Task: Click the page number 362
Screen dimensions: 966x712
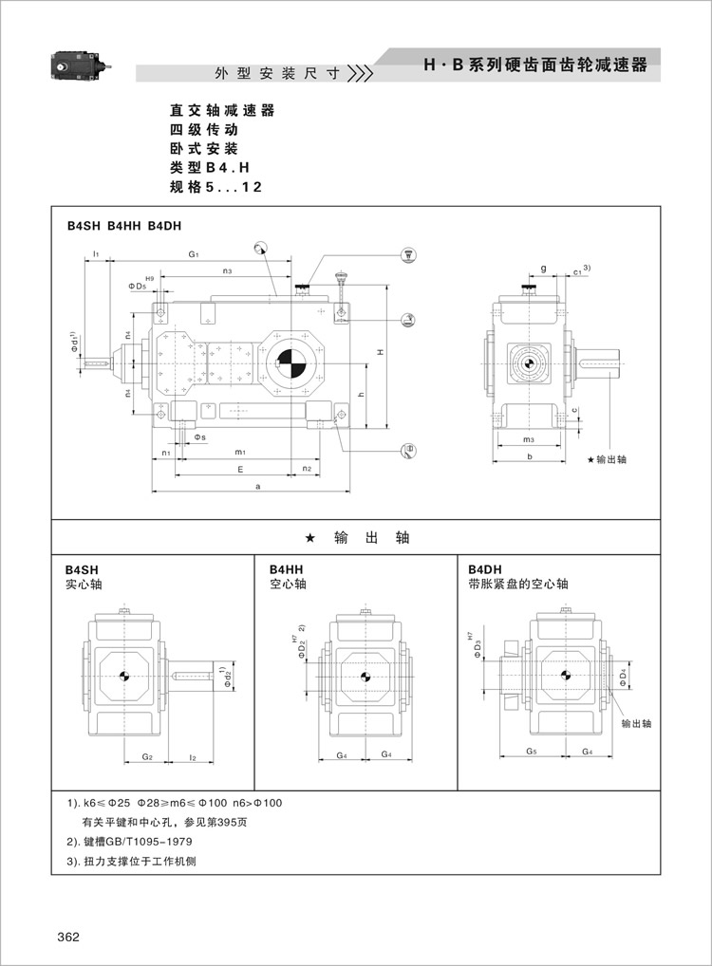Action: pyautogui.click(x=67, y=937)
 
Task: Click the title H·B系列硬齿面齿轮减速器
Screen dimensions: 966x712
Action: pyautogui.click(x=535, y=65)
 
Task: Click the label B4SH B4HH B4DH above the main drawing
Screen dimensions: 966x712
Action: pyautogui.click(x=123, y=226)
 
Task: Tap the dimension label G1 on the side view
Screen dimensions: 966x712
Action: pyautogui.click(x=194, y=254)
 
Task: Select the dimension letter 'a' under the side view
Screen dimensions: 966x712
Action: pyautogui.click(x=258, y=486)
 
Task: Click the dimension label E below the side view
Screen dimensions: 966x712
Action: pyautogui.click(x=241, y=469)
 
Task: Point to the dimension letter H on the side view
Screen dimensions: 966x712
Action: pyautogui.click(x=380, y=353)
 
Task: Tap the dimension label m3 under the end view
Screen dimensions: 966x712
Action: pyautogui.click(x=528, y=439)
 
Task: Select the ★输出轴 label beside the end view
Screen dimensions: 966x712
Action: pyautogui.click(x=608, y=459)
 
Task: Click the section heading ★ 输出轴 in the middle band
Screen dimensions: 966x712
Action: pyautogui.click(x=355, y=537)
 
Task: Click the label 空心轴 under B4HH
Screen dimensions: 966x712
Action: pyautogui.click(x=288, y=585)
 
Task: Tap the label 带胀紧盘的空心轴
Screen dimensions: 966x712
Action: pyautogui.click(x=517, y=585)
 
